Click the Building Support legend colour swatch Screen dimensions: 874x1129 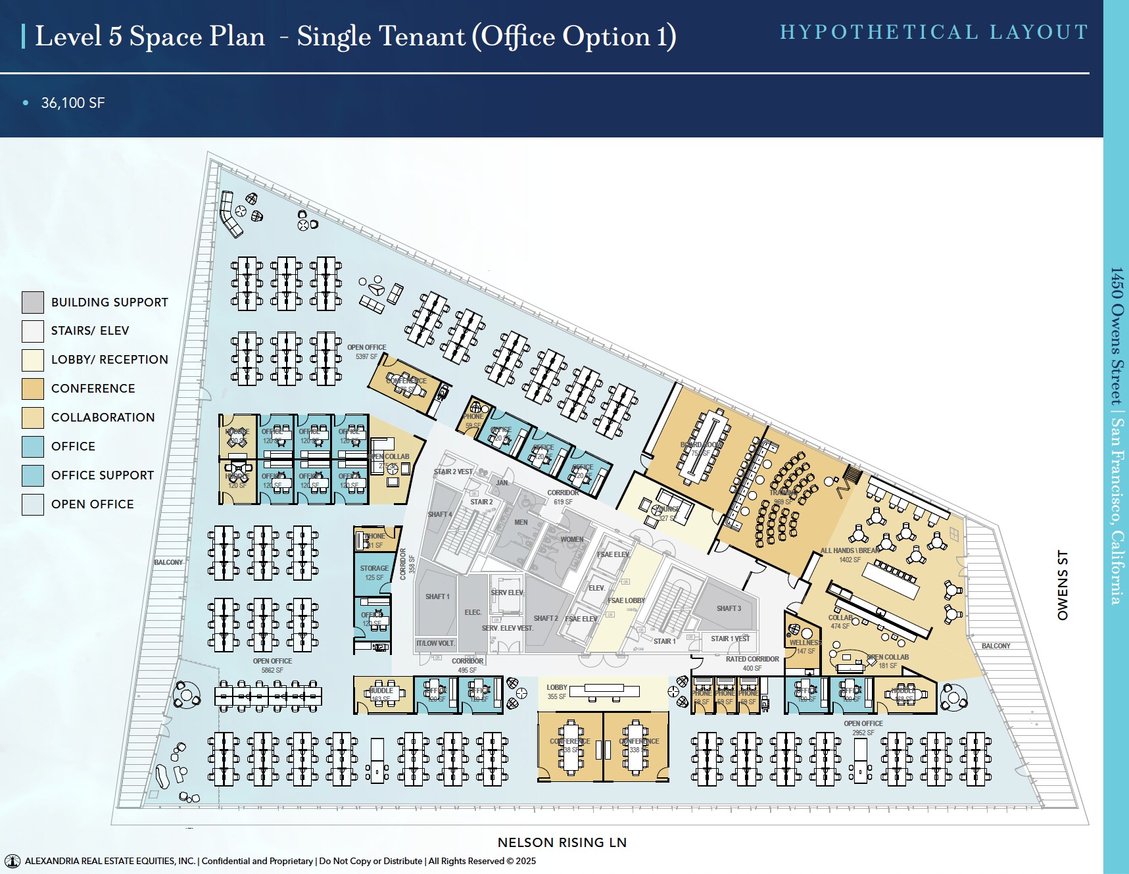(x=33, y=303)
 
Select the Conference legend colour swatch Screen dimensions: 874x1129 (x=33, y=389)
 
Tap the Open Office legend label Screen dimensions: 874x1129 (x=92, y=504)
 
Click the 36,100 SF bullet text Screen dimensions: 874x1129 (x=72, y=103)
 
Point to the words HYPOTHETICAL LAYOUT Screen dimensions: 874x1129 (x=934, y=32)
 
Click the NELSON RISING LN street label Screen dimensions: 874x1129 (x=562, y=842)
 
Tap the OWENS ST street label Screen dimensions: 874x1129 (x=1063, y=585)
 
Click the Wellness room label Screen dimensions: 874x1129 (x=805, y=643)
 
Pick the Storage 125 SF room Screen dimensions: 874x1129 (x=373, y=572)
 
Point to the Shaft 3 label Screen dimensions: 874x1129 (x=729, y=608)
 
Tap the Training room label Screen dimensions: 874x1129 (x=782, y=493)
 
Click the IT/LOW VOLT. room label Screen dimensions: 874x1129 (x=435, y=643)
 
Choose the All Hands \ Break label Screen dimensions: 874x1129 (x=850, y=550)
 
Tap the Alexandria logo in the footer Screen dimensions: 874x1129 (x=12, y=861)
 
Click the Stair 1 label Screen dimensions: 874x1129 (x=664, y=641)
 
